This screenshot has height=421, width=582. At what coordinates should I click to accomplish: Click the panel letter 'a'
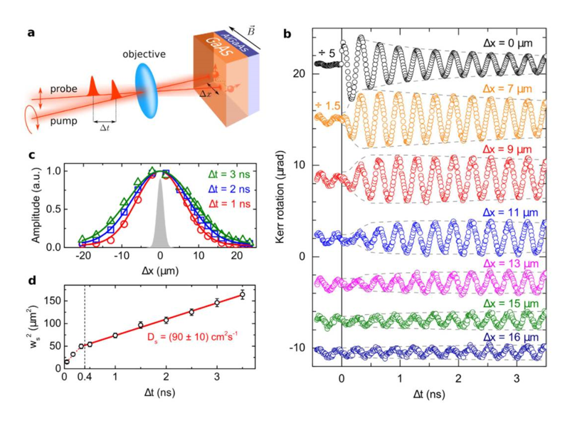pyautogui.click(x=32, y=33)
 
